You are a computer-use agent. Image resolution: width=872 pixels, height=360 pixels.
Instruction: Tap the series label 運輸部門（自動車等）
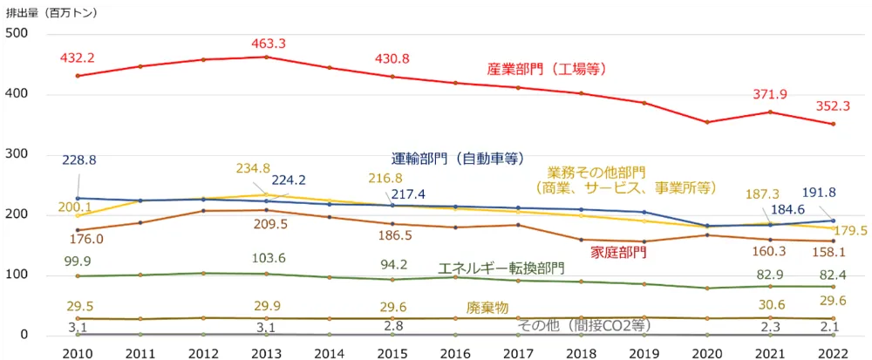pos(457,159)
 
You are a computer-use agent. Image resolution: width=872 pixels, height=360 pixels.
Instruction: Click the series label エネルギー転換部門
pos(501,268)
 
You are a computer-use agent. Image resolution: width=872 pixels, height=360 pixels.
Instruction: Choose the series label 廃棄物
pos(487,308)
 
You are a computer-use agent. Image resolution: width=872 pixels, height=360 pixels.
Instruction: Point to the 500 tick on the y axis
pos(17,33)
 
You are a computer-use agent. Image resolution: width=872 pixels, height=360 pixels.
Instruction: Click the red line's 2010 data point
pos(78,76)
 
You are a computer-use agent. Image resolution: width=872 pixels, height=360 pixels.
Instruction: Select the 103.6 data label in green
pos(266,259)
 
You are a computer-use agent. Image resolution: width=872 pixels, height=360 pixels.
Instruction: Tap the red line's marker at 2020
pos(707,122)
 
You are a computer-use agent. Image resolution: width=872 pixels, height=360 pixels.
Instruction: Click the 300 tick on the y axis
pos(17,154)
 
